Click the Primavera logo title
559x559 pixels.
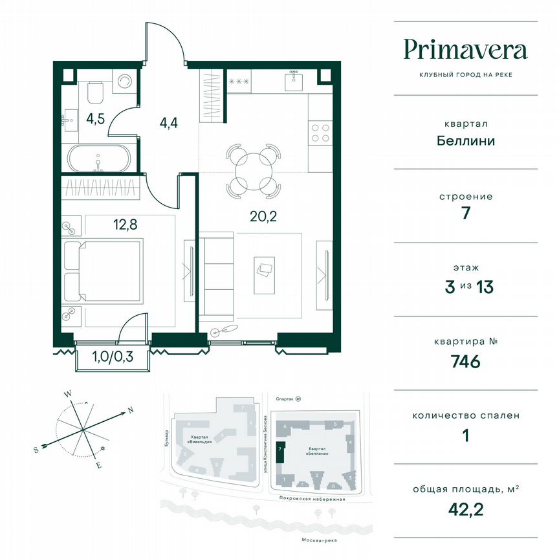click(x=465, y=50)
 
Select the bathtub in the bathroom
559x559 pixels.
click(x=99, y=158)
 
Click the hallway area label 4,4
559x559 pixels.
click(x=169, y=120)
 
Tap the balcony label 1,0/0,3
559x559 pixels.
click(x=113, y=356)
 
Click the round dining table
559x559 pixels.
click(x=254, y=171)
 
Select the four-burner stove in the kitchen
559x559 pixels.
click(x=320, y=133)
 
